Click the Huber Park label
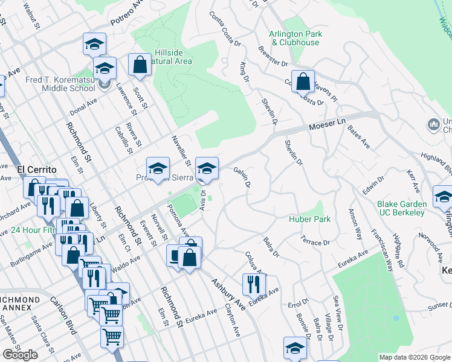click(309, 219)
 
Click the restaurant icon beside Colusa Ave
click(254, 284)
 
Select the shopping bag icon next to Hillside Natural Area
click(140, 66)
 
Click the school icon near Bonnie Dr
click(295, 349)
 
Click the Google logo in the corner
click(20, 355)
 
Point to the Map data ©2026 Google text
click(414, 357)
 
